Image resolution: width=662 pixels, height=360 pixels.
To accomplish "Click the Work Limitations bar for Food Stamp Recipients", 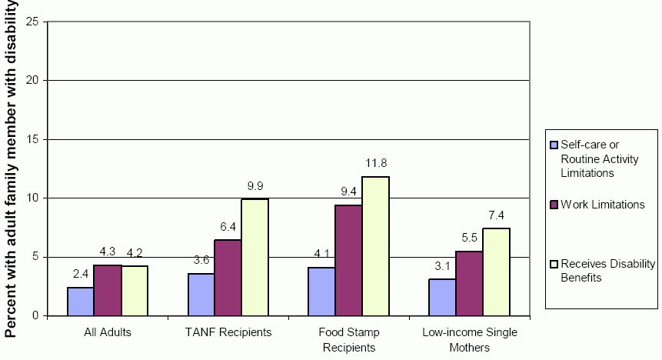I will pos(348,260).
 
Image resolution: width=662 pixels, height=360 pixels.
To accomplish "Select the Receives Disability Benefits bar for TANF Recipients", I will pos(254,257).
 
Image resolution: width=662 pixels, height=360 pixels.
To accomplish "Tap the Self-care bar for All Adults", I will pos(81,302).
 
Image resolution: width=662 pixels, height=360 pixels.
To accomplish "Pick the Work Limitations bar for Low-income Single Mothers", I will pos(469,283).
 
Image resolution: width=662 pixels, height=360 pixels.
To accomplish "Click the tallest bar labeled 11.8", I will pos(375,246).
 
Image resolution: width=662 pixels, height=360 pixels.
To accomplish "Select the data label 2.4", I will pos(81,275).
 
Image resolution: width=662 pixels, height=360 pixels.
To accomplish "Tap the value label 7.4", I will pos(496,215).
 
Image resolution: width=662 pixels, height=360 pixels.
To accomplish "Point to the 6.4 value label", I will pos(228,227).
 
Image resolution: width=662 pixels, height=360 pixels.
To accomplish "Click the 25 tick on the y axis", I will pos(32,21).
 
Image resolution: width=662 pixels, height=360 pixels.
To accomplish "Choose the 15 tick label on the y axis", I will pos(32,139).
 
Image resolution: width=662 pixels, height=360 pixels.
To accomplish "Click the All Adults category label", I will pos(108,332).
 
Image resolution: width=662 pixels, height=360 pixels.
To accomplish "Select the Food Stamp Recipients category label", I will pos(348,339).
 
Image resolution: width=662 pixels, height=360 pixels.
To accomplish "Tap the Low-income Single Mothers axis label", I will pos(469,339).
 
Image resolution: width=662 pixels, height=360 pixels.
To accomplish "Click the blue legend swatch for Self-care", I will pos(553,145).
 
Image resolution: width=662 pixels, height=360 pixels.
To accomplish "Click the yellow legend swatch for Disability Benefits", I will pos(553,264).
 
